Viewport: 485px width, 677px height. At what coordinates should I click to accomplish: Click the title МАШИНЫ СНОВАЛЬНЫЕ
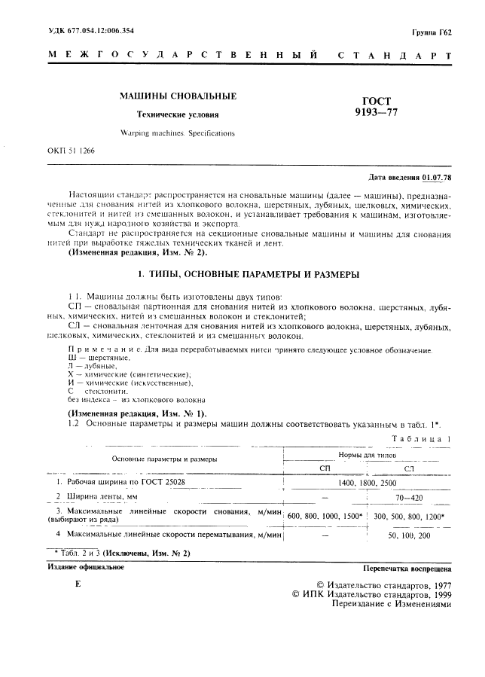(178, 96)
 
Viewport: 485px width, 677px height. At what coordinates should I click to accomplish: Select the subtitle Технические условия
(178, 115)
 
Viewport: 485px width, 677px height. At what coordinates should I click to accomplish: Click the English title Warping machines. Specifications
(178, 133)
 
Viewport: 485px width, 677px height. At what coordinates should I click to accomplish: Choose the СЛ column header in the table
(410, 468)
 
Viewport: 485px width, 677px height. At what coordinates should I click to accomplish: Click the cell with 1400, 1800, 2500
(368, 482)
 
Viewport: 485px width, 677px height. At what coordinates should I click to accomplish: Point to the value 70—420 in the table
(410, 497)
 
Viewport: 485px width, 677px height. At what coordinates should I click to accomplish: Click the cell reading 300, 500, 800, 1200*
(410, 516)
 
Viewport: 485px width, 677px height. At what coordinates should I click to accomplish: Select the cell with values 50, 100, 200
(410, 535)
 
